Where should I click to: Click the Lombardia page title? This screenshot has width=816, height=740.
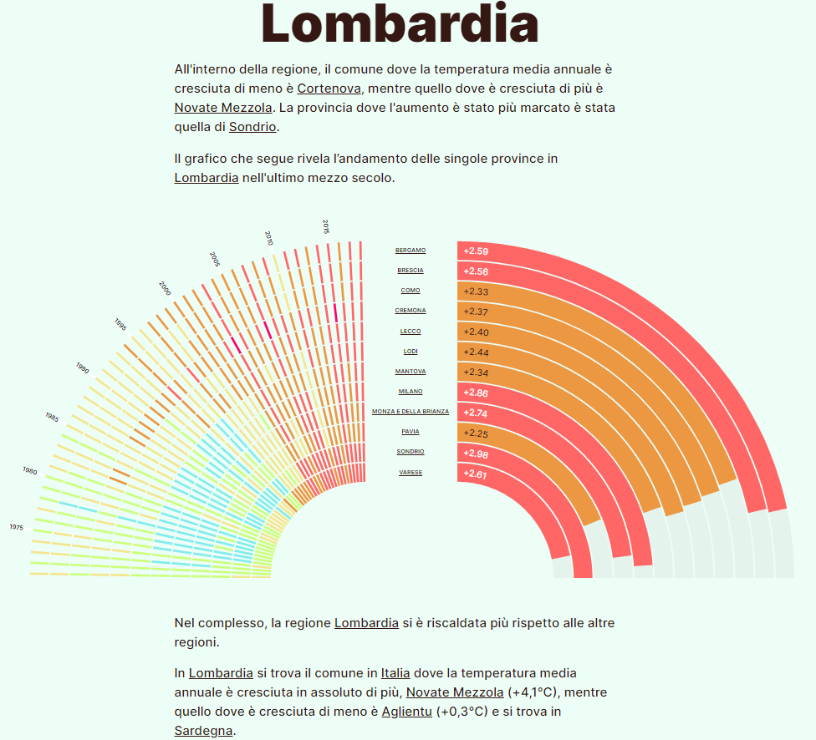(x=400, y=25)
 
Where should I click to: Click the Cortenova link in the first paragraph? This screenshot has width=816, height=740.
(x=329, y=89)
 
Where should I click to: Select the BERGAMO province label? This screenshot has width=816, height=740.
(x=411, y=251)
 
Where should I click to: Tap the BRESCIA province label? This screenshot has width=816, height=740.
(x=411, y=271)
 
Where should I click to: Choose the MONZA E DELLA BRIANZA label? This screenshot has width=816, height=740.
(x=411, y=412)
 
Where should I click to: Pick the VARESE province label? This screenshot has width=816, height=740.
(x=411, y=473)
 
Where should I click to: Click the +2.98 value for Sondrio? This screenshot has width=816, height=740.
(x=476, y=454)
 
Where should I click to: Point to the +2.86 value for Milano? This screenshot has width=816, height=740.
(x=476, y=393)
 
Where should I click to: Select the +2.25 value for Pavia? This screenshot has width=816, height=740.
(x=476, y=433)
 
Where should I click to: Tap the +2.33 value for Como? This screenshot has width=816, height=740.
(x=476, y=291)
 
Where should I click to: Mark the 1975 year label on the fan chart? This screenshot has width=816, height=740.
(x=17, y=527)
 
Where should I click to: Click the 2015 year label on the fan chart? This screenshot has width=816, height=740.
(x=326, y=226)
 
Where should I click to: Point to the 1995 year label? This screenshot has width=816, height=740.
(x=120, y=325)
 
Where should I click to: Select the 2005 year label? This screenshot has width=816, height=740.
(x=215, y=258)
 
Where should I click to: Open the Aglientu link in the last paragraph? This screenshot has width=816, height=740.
(x=407, y=711)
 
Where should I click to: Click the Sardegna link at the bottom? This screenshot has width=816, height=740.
(x=204, y=731)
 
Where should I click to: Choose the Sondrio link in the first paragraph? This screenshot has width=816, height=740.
(x=252, y=127)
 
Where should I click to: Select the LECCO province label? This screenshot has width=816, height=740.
(x=411, y=332)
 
